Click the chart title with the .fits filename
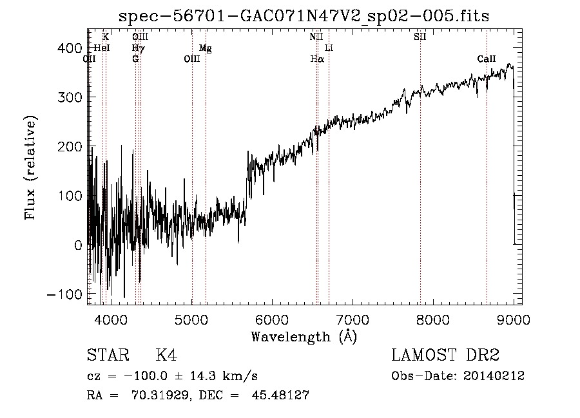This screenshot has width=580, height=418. click(305, 16)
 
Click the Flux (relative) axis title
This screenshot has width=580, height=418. click(31, 169)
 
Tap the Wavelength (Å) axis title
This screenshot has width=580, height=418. click(304, 336)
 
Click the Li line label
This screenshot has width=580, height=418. click(329, 48)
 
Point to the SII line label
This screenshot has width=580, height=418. click(420, 37)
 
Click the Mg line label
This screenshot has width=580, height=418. click(205, 48)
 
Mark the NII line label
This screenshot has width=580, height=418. click(316, 37)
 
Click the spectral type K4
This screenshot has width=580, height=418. click(166, 356)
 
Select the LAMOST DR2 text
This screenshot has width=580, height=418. click(445, 356)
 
